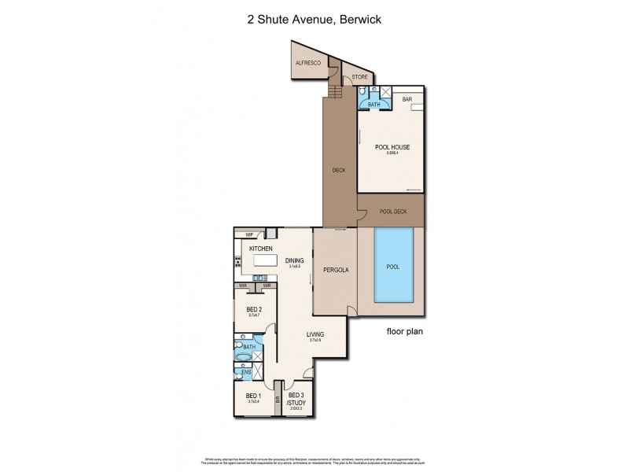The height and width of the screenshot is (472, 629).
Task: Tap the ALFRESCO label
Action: [306, 64]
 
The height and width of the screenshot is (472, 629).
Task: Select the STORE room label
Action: [359, 77]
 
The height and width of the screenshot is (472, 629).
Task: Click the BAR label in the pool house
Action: [407, 99]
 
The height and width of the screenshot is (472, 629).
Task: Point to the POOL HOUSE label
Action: [391, 147]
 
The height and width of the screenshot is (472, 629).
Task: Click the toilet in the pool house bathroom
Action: [365, 91]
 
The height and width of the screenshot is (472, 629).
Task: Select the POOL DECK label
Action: [391, 211]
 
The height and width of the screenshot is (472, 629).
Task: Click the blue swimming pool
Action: [392, 267]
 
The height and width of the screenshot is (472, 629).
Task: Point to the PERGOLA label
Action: [336, 270]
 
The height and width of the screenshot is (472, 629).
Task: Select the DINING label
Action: [295, 260]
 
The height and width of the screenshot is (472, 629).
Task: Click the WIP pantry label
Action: [248, 234]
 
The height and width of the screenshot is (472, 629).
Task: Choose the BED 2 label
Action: [253, 309]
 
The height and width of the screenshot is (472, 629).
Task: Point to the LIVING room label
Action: [315, 334]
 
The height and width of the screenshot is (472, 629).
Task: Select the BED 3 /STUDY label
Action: [296, 399]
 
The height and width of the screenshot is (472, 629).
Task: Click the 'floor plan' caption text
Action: [404, 331]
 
